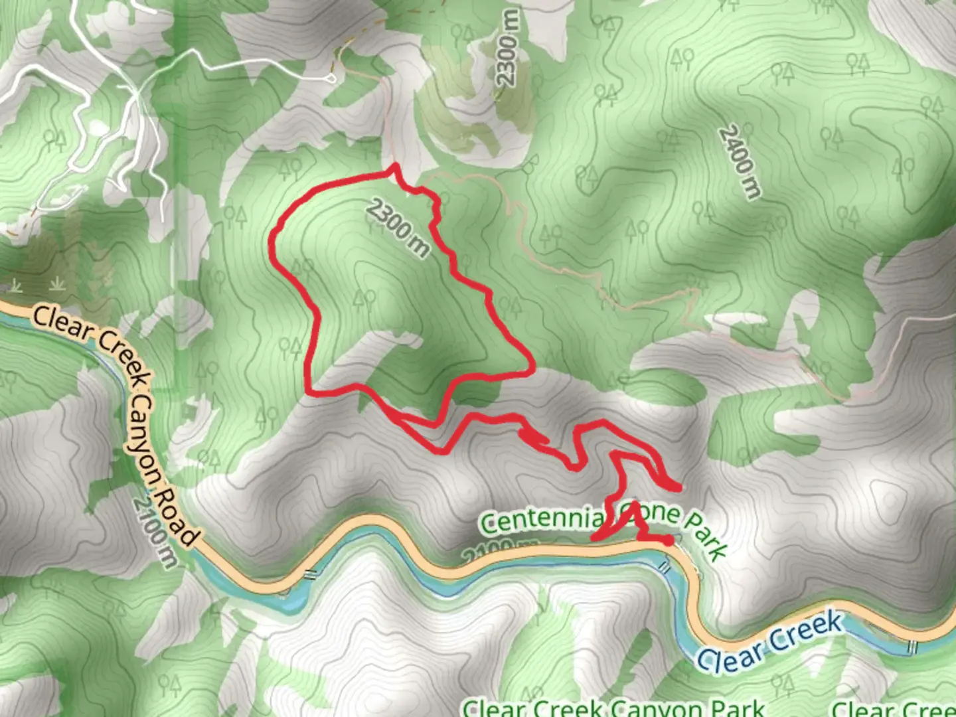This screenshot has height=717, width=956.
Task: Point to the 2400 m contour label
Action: click(740, 163)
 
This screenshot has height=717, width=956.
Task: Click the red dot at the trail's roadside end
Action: click(669, 541)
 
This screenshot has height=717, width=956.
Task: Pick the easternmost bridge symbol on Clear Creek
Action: click(913, 645)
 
